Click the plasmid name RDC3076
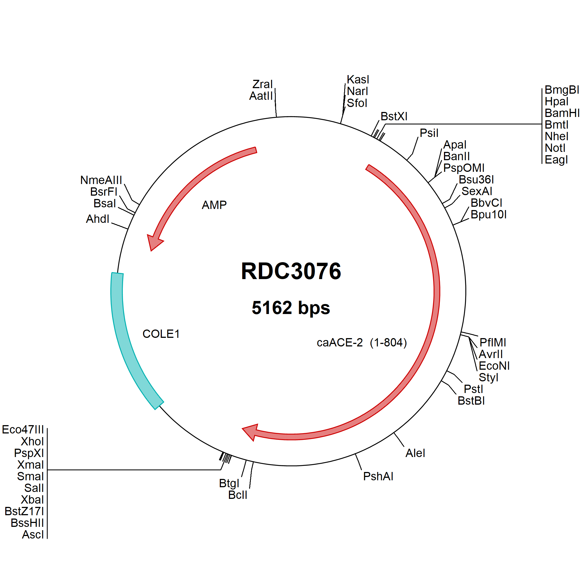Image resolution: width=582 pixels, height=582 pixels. click(291, 271)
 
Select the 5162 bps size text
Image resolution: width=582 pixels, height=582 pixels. click(291, 308)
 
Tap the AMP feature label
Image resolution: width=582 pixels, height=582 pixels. click(214, 205)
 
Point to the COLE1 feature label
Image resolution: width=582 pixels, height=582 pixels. click(161, 334)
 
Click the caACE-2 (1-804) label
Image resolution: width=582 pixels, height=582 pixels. click(362, 343)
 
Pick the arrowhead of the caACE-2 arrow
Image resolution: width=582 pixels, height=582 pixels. click(251, 432)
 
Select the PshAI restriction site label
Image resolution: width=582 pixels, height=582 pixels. click(378, 477)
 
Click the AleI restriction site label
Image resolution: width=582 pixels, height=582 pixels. click(415, 453)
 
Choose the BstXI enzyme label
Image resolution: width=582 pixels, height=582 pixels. click(394, 116)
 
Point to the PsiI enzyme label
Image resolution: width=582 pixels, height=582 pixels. click(429, 133)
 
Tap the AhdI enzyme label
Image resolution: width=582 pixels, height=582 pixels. click(98, 219)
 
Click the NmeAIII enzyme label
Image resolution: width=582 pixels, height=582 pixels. click(101, 180)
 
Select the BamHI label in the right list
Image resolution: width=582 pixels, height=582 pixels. click(562, 113)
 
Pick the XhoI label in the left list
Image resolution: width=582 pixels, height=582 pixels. click(32, 441)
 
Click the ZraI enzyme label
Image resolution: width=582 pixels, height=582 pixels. click(263, 84)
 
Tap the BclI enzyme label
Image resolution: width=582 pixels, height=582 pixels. click(238, 495)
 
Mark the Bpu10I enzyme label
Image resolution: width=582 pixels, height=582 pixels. click(489, 215)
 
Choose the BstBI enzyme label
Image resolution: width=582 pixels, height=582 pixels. click(471, 401)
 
